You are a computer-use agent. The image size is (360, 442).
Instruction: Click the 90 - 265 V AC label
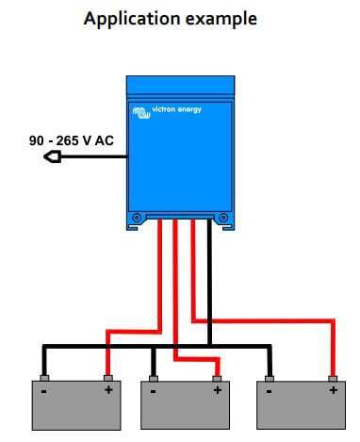(71, 141)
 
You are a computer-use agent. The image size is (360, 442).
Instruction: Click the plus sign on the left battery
(108, 389)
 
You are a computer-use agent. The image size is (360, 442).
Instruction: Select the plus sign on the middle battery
(216, 389)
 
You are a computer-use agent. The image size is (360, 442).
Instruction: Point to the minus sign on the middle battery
(152, 389)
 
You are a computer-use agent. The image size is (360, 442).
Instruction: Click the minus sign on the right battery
(268, 389)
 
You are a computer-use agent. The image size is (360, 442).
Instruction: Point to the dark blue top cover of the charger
(181, 87)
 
